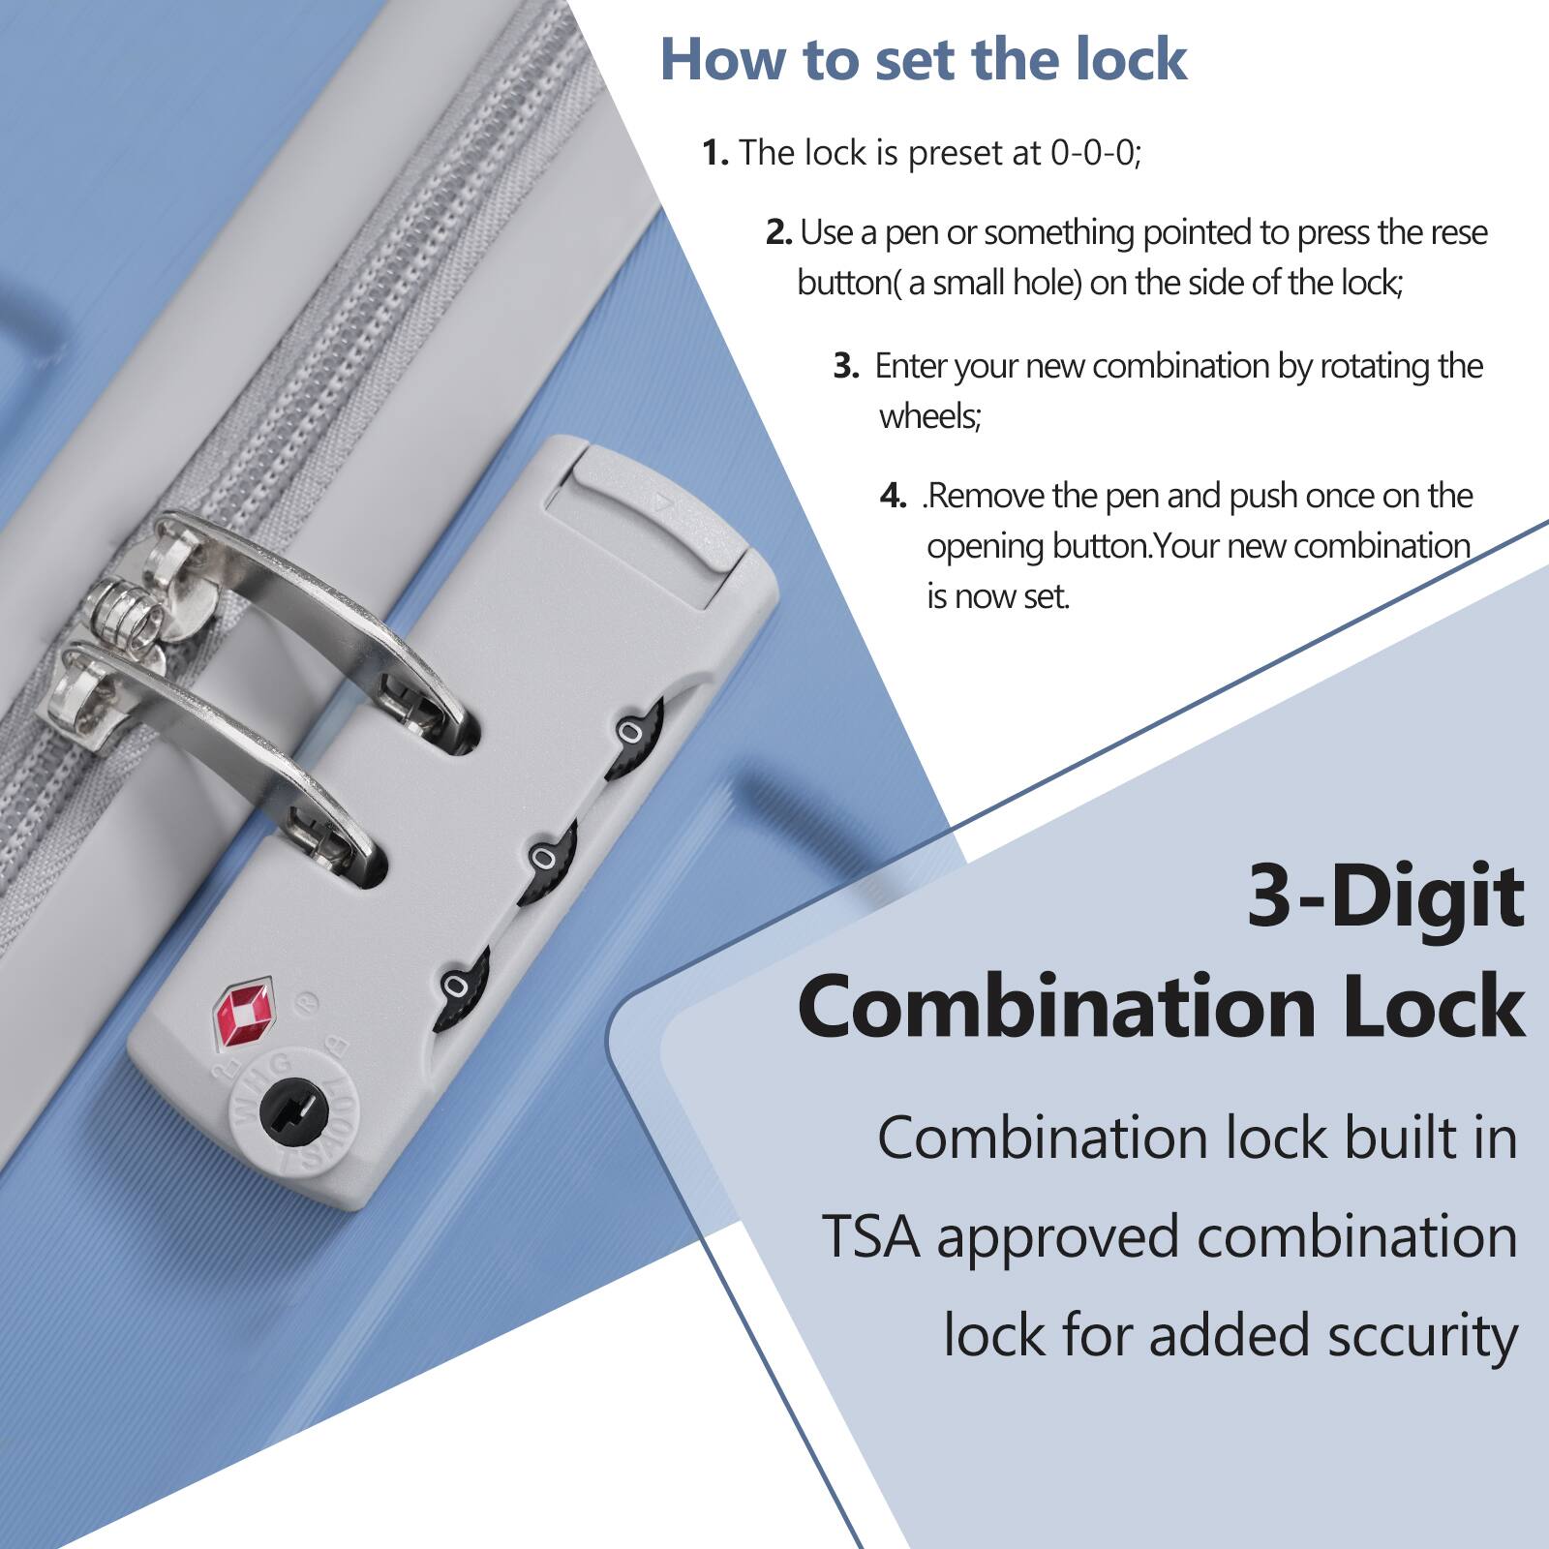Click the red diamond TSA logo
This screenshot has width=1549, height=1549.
point(243,1016)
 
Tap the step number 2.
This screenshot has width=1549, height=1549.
point(778,232)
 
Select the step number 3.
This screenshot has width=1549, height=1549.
point(846,366)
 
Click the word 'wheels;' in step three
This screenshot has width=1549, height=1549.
point(929,416)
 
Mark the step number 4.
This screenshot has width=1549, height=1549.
point(893,497)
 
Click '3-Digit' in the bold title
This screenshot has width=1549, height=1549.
point(1384,896)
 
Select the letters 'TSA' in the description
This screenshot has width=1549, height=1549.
point(870,1237)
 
